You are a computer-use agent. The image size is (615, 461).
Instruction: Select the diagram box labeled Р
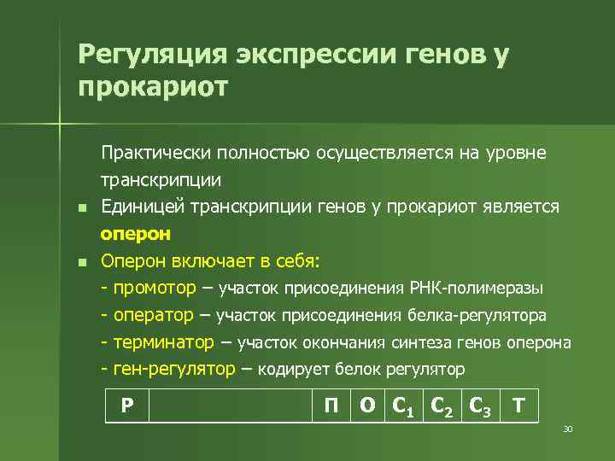126,406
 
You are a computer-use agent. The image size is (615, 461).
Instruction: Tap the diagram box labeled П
330,406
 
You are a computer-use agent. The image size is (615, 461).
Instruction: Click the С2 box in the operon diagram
445,406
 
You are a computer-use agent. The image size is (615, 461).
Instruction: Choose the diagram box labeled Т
518,406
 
